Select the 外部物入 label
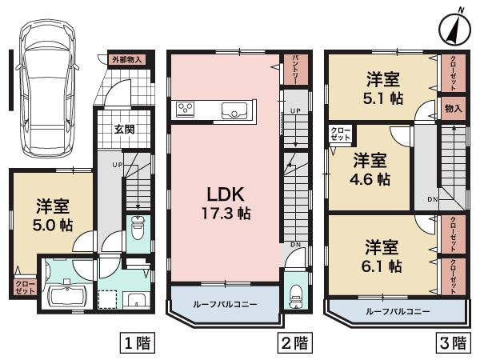[x=126, y=59]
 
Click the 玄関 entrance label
[x=124, y=129]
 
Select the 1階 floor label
[x=137, y=344]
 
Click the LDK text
[x=226, y=194]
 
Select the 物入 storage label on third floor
[x=453, y=108]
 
